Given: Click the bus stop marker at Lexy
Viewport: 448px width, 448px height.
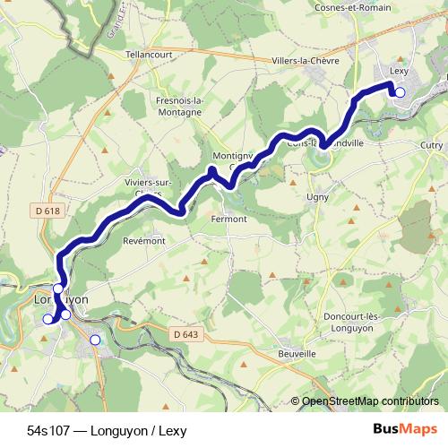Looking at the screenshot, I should tap(400, 92).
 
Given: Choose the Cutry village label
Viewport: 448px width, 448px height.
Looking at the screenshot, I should tap(431, 144).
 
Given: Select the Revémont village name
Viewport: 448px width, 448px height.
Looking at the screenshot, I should tap(144, 240).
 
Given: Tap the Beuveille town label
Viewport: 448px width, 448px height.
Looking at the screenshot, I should tap(297, 354).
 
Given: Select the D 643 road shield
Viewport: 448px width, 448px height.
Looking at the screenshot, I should tap(185, 333).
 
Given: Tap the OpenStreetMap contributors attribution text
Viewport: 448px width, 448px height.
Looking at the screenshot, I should tap(369, 402).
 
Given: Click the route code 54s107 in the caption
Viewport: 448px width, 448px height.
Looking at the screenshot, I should tap(48, 431).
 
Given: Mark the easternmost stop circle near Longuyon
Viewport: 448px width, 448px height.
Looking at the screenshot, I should tap(96, 340).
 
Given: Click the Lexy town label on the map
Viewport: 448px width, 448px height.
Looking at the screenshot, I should tap(399, 72).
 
